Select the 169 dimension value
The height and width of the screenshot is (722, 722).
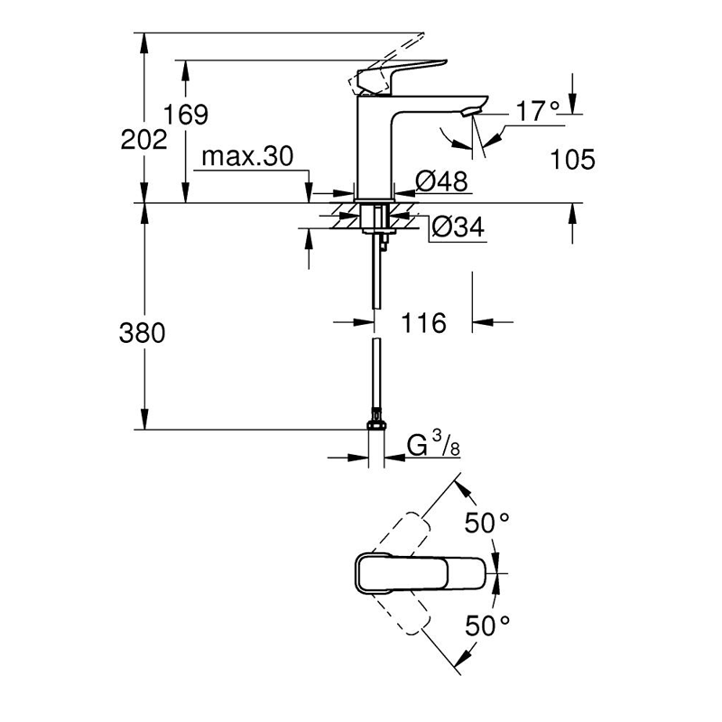click(x=186, y=115)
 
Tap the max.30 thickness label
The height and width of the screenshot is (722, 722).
click(x=247, y=157)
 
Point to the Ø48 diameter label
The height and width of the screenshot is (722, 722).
click(x=441, y=181)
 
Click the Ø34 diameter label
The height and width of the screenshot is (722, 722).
click(x=458, y=227)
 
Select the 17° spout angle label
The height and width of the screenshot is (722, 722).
click(x=538, y=112)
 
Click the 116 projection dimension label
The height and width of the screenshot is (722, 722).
click(x=423, y=322)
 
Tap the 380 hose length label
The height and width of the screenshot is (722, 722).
click(x=142, y=333)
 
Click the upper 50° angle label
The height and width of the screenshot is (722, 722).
click(x=487, y=523)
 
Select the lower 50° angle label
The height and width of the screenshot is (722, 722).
click(x=487, y=625)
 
